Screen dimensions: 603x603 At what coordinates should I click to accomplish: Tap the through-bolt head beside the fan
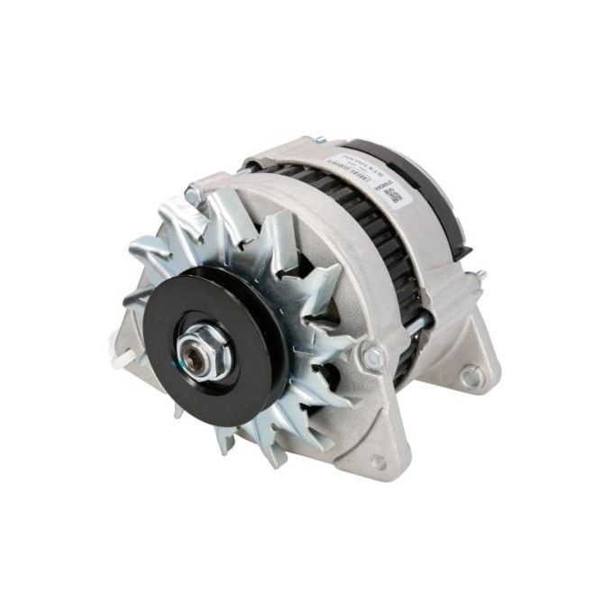point(370,357)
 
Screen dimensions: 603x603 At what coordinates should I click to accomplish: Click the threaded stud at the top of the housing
point(317,140)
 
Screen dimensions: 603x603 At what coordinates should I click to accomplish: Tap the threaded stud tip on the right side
point(481,274)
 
